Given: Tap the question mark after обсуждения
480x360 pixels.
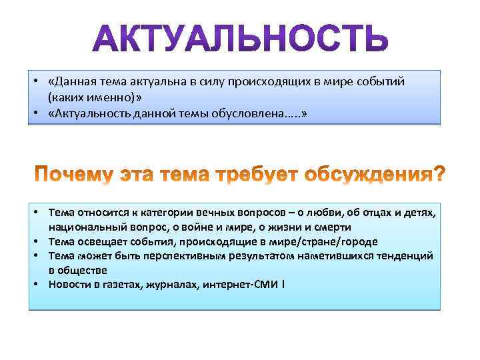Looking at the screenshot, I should click(x=437, y=175).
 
